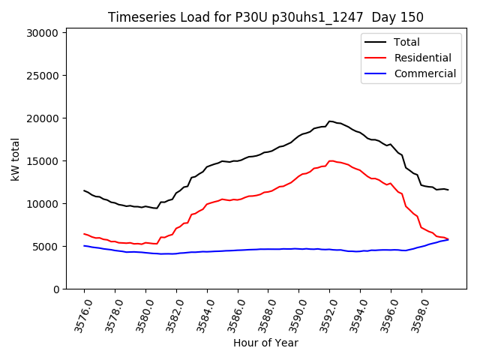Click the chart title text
(265, 17)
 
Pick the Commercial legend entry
(424, 73)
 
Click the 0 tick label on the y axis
(56, 289)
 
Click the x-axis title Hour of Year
(265, 343)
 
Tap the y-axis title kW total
(16, 159)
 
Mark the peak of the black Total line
(330, 121)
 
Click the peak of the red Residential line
(331, 160)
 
